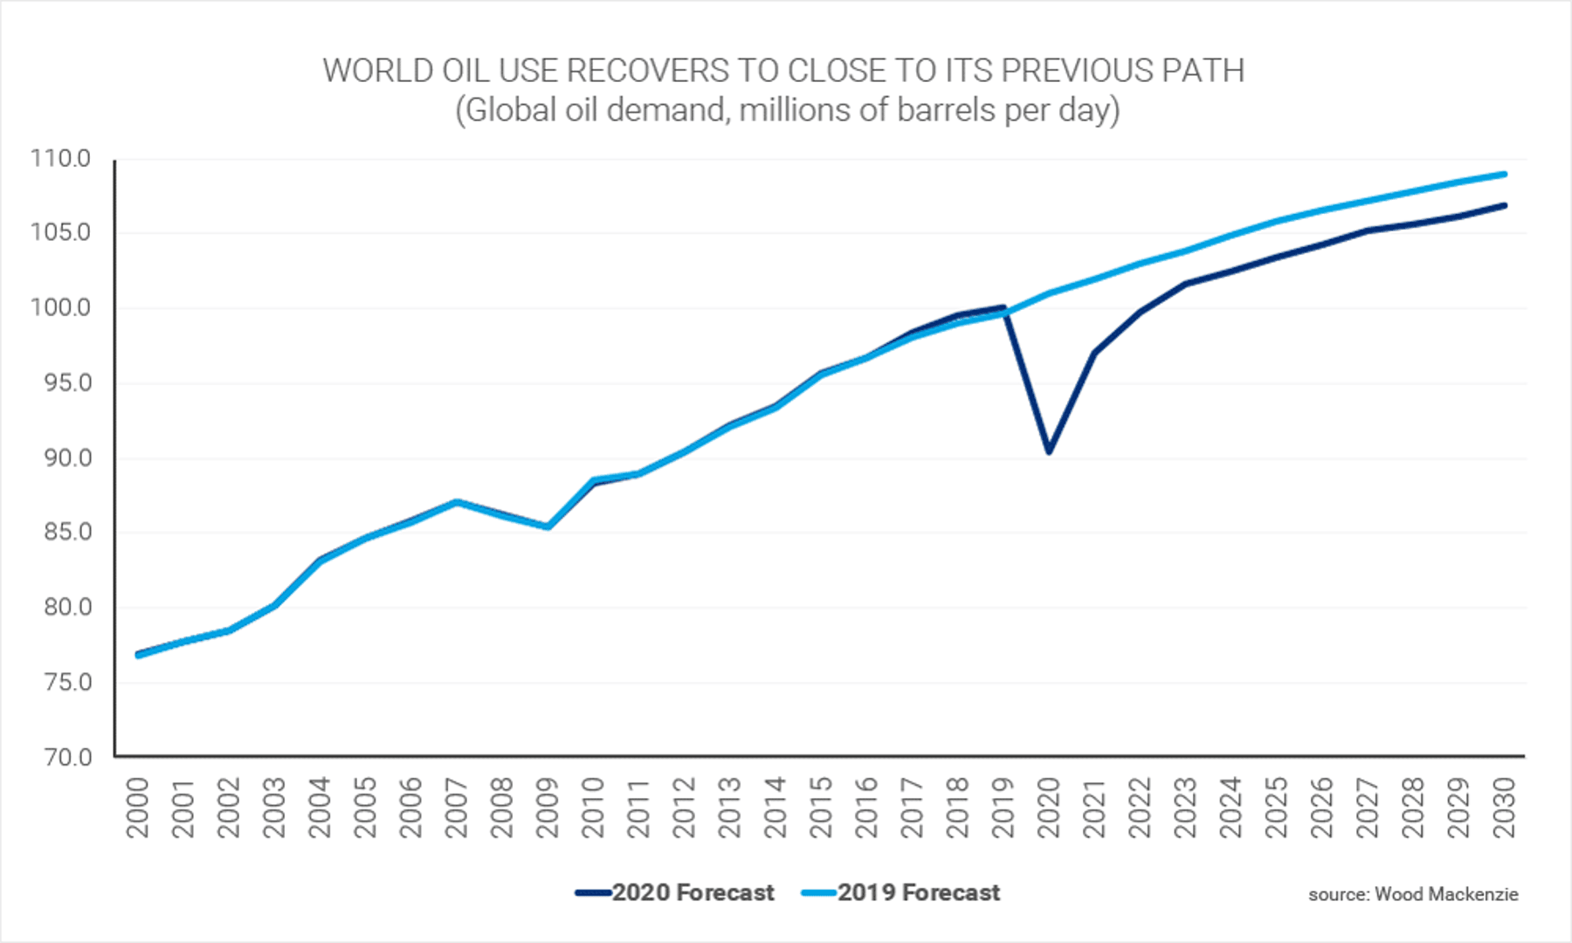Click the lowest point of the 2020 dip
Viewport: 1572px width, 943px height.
tap(1049, 451)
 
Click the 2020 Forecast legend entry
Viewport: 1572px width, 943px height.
tap(675, 892)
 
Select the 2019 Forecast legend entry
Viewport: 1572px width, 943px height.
tap(900, 892)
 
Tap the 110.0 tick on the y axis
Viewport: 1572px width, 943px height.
tap(61, 158)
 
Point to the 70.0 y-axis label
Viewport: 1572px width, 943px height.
tap(67, 757)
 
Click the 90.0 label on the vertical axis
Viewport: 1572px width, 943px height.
tap(67, 458)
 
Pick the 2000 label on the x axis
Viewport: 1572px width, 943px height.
tap(138, 808)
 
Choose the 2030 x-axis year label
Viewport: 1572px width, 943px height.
tap(1505, 808)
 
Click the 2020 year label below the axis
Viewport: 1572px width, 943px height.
tap(1049, 808)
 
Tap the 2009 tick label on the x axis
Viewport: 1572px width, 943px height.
tap(548, 808)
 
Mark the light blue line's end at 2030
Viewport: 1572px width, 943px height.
tap(1504, 174)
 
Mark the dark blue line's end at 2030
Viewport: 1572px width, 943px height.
tap(1504, 205)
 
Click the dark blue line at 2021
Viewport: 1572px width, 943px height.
tap(1094, 353)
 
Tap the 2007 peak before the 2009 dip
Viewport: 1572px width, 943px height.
tap(457, 502)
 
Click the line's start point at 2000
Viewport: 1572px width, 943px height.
tap(138, 654)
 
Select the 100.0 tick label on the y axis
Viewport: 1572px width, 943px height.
tap(61, 307)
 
